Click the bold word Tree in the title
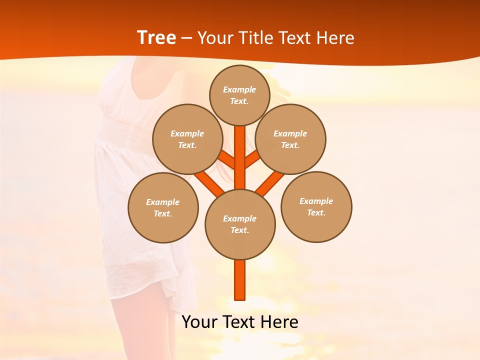pos(156,38)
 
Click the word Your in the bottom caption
pos(199,322)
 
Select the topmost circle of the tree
pos(239,95)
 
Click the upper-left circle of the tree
pos(187,139)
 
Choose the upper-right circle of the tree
pos(290,139)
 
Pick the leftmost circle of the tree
pos(163,208)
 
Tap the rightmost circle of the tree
pos(316,207)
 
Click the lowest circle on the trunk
pos(240,224)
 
